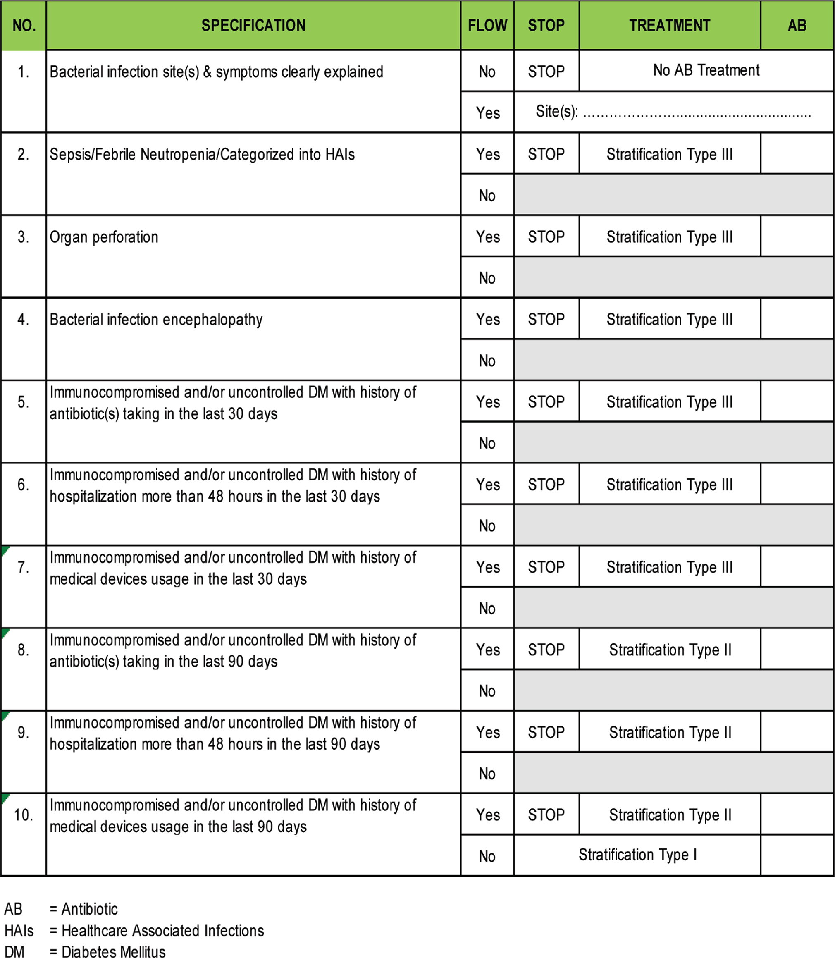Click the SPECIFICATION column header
click(x=253, y=25)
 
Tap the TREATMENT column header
click(x=669, y=25)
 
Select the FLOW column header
click(x=487, y=25)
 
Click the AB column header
click(x=797, y=25)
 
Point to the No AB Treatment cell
click(x=706, y=70)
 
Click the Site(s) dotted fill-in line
click(x=697, y=114)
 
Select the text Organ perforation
click(x=104, y=237)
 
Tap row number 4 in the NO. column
click(x=23, y=320)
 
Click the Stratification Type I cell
click(x=637, y=855)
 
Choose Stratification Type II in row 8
click(x=670, y=650)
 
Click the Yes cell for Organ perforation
click(x=487, y=237)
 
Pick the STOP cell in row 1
click(x=546, y=71)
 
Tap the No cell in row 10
click(x=487, y=856)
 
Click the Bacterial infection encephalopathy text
click(x=156, y=320)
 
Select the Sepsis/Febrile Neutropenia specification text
click(x=202, y=155)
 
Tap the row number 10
click(x=23, y=815)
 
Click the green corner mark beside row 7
click(x=5, y=550)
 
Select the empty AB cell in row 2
click(x=797, y=154)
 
